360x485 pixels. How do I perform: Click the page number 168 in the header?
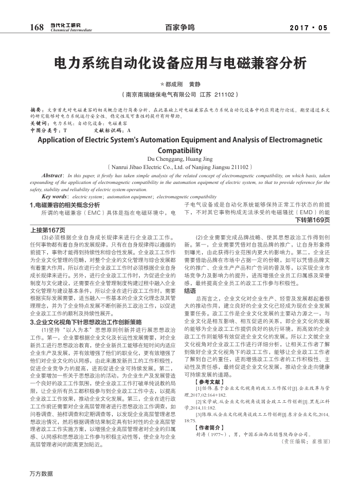(37, 27)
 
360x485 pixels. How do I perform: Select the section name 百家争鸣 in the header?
(180, 28)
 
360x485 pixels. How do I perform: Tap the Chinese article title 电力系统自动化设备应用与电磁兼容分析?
(180, 63)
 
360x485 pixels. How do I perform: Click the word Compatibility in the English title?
(180, 151)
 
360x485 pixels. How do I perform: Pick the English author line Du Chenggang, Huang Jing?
(179, 159)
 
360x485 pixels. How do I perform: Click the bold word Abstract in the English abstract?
(51, 176)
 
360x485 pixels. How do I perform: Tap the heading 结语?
(190, 290)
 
